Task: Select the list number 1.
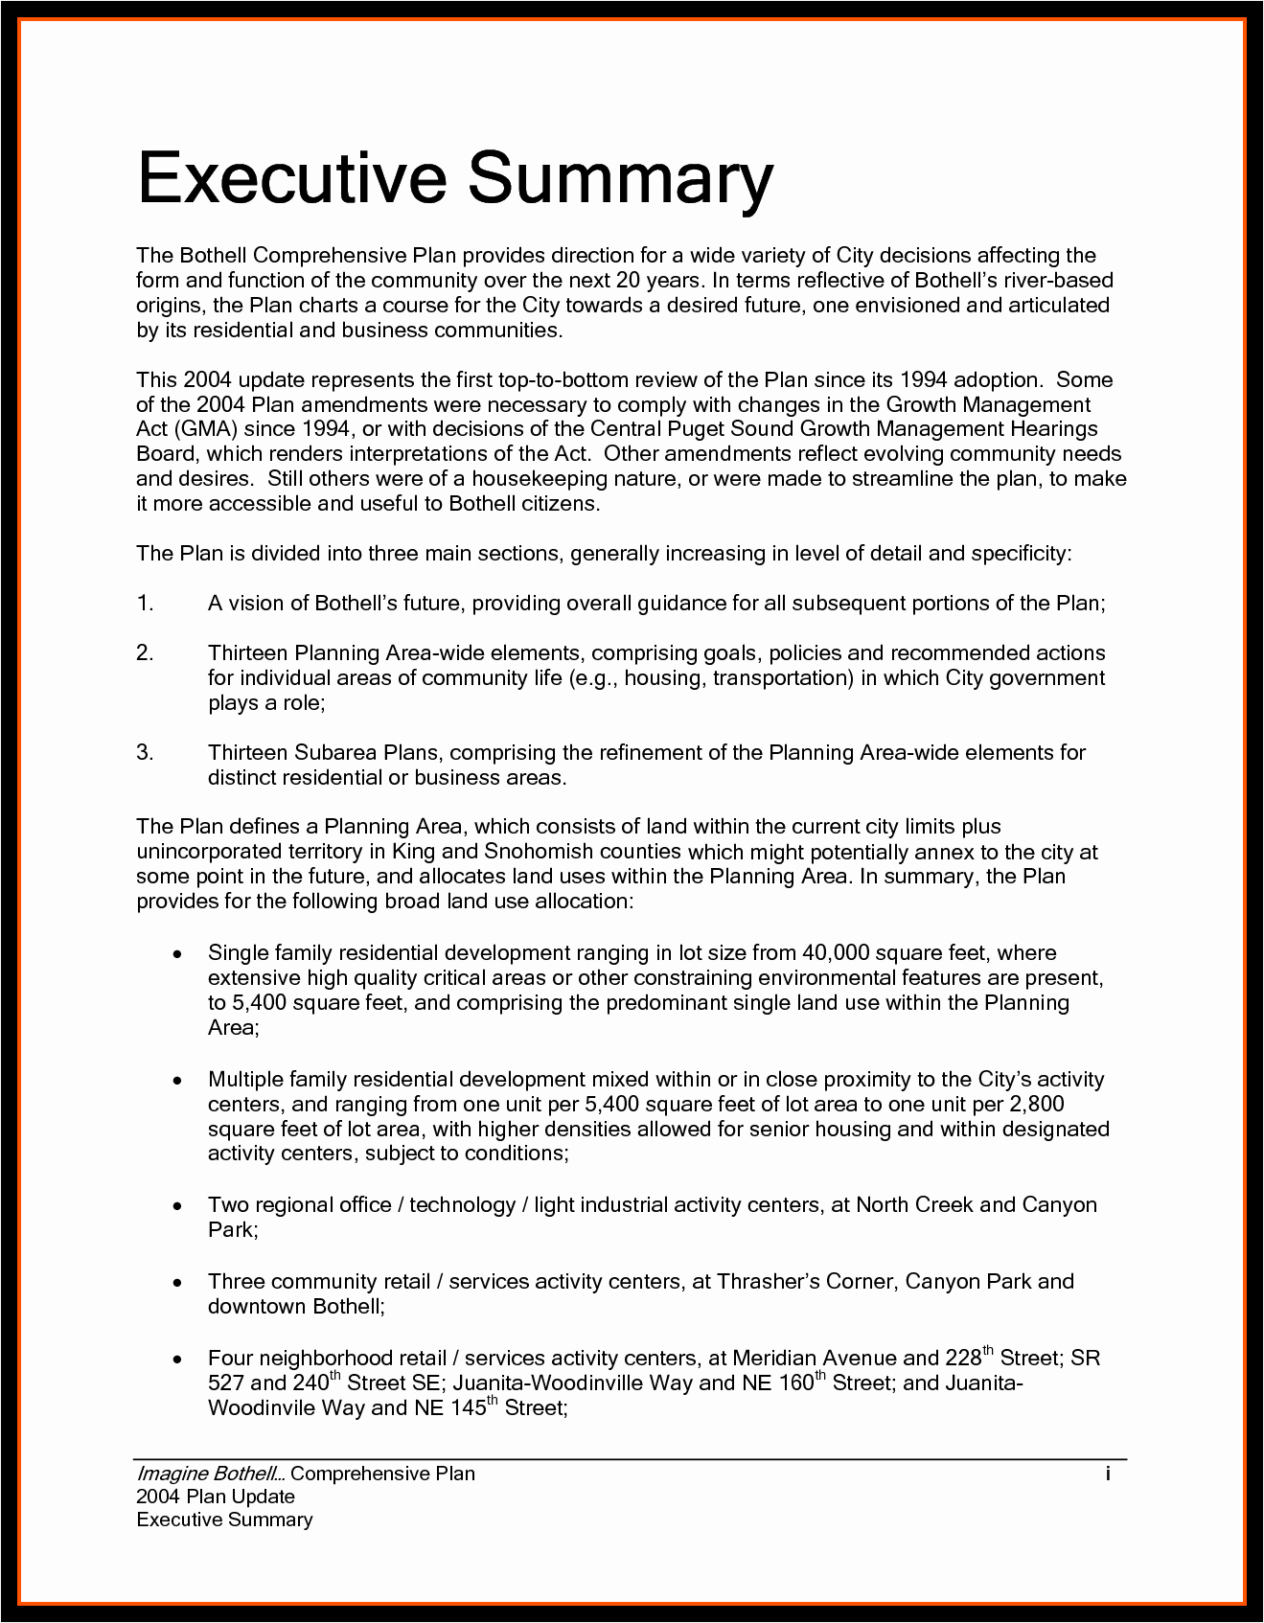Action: click(x=145, y=604)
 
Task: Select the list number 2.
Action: click(x=145, y=653)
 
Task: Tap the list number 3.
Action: click(x=145, y=753)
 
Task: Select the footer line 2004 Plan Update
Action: click(x=216, y=1497)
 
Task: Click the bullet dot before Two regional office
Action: click(x=176, y=1206)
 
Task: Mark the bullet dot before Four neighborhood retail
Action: click(x=176, y=1360)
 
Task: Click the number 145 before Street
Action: click(x=467, y=1408)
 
